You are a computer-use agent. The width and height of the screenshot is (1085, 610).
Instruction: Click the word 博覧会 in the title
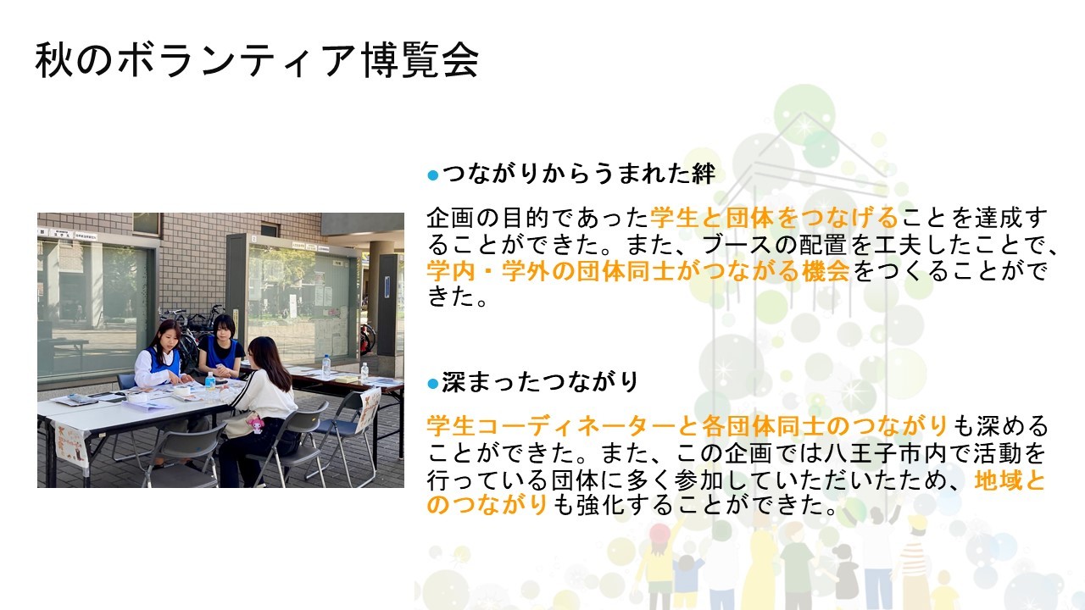[421, 60]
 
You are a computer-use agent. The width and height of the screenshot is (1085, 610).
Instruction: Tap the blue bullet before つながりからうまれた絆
[432, 175]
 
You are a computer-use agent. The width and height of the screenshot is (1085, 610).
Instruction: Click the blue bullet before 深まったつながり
[432, 385]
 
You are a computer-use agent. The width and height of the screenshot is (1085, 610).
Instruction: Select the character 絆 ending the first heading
[704, 174]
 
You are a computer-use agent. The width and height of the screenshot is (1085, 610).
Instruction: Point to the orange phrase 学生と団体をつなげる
[774, 218]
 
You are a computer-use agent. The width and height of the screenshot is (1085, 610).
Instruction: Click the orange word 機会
[826, 270]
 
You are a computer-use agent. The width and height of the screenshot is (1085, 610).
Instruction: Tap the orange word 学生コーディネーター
[562, 427]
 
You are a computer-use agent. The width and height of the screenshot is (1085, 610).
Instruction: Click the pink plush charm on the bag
[255, 424]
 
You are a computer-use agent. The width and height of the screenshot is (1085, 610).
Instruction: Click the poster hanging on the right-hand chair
[369, 410]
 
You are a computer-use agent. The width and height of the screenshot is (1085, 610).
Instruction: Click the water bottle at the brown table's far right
[364, 372]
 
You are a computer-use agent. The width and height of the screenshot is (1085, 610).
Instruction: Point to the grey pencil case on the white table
[82, 398]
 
